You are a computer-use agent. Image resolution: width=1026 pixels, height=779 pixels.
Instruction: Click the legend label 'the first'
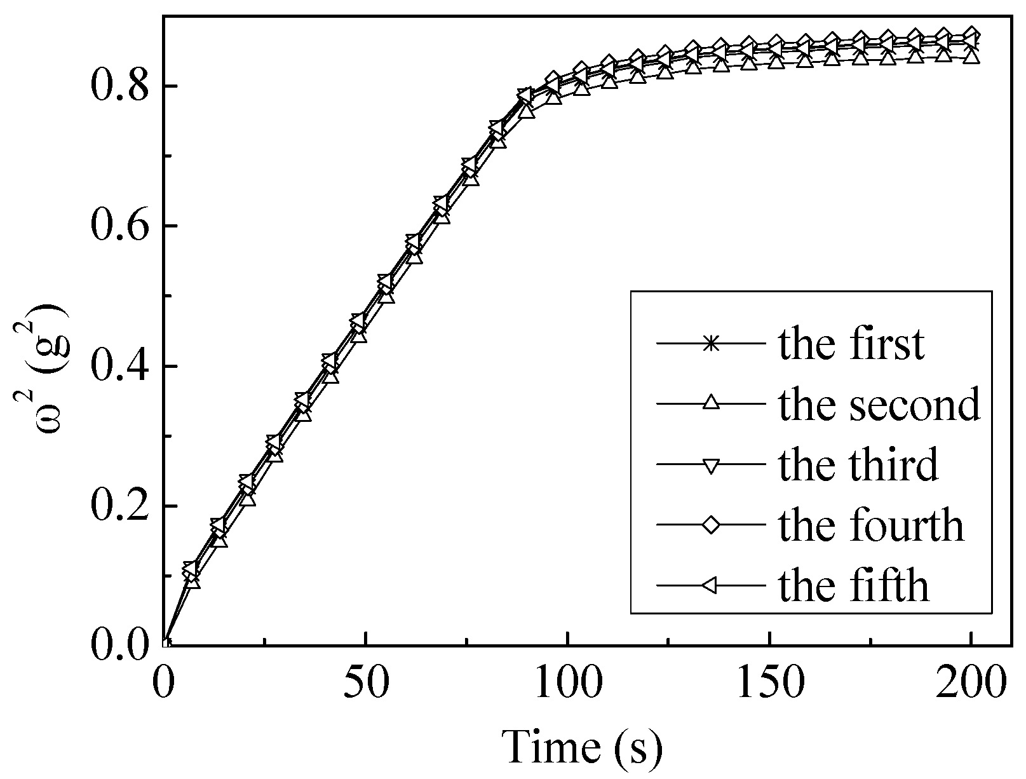pyautogui.click(x=851, y=344)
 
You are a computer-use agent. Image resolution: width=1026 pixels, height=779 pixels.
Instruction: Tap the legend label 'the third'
pyautogui.click(x=858, y=464)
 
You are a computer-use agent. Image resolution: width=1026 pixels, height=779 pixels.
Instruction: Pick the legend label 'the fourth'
pyautogui.click(x=871, y=525)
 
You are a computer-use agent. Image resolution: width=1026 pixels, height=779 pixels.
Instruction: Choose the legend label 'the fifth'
pyautogui.click(x=853, y=585)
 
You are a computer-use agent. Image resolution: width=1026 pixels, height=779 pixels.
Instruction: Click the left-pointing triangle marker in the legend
pyautogui.click(x=711, y=585)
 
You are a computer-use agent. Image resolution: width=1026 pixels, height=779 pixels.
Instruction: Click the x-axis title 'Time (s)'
pyautogui.click(x=583, y=747)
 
